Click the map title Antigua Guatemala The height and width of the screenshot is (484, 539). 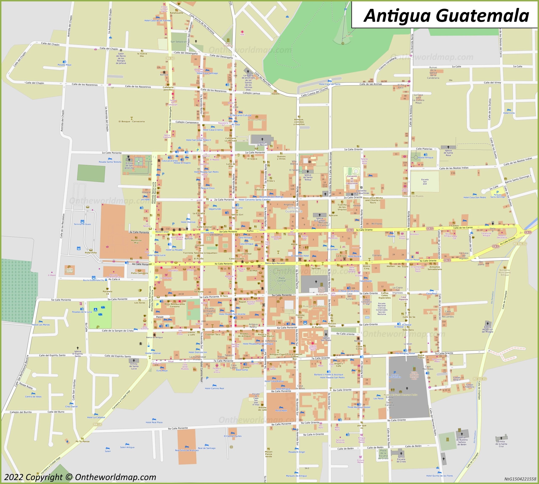446,15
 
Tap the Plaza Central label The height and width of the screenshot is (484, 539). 282,279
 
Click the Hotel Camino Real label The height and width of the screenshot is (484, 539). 214,388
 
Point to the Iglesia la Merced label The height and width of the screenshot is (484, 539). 262,144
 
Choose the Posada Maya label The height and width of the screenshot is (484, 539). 64,65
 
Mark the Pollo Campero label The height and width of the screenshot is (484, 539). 139,273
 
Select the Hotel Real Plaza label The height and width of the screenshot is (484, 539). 154,422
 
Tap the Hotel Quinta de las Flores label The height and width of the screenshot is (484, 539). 439,476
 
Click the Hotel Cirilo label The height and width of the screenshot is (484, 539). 509,113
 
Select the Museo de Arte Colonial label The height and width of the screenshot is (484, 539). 315,306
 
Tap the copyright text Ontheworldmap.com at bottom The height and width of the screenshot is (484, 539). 80,477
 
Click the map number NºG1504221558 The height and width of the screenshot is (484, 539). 520,479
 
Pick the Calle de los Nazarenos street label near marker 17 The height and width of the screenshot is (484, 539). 85,85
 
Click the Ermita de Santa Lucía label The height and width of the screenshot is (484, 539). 134,366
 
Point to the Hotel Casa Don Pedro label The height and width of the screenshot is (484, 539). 475,197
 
